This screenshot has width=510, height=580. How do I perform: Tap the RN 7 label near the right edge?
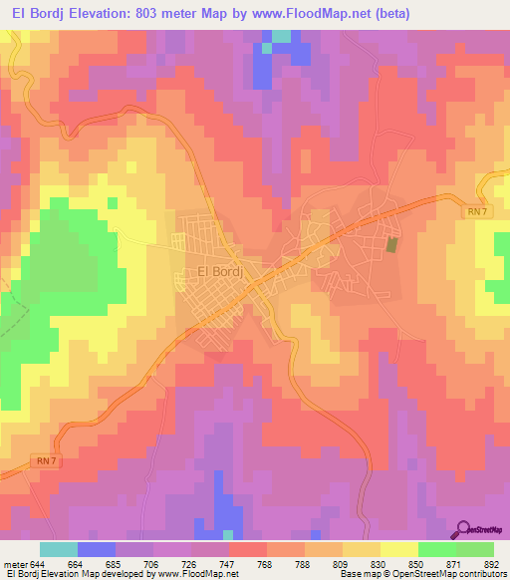pyautogui.click(x=477, y=210)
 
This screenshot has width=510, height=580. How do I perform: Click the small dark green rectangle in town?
pyautogui.click(x=391, y=244)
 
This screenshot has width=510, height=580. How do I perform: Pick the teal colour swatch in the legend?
pyautogui.click(x=59, y=550)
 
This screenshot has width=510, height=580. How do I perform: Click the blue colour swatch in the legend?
pyautogui.click(x=97, y=550)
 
